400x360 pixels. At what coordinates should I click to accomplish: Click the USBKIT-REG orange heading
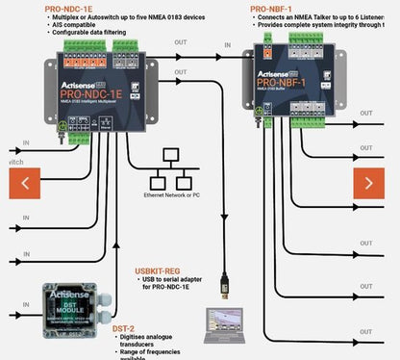pyautogui.click(x=158, y=272)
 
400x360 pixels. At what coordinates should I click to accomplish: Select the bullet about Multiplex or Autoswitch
pyautogui.click(x=127, y=17)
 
